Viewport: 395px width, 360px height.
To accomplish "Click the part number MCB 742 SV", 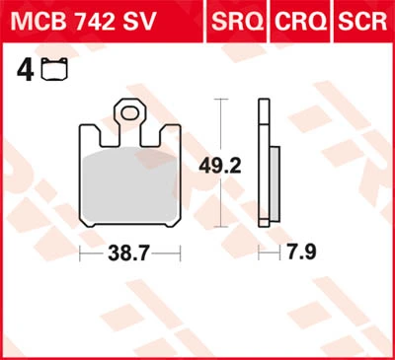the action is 83,22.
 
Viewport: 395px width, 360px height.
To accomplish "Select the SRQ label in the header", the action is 237,22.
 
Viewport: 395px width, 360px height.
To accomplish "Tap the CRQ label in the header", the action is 301,22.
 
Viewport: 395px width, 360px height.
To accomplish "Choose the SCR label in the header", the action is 362,22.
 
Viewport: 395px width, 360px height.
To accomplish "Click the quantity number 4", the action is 25,70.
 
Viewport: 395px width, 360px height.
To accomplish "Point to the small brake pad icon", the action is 54,69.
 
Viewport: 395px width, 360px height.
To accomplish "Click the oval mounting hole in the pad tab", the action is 129,113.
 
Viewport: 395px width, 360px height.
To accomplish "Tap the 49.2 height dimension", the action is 220,167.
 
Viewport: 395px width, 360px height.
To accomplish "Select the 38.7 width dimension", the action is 129,253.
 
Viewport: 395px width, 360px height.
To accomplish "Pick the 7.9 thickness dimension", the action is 302,252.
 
